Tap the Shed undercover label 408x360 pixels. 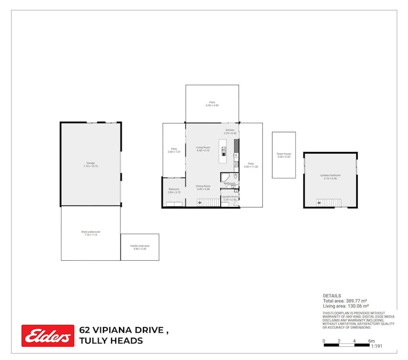point(91,233)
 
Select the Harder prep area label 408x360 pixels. point(140,247)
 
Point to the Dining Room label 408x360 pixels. point(203,188)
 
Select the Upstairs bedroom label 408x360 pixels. point(330,177)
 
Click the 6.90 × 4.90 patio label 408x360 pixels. point(212,104)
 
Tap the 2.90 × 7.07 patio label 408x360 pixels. point(174,150)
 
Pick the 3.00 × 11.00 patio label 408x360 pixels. point(251,165)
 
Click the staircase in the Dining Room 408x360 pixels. point(208,202)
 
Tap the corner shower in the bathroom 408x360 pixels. point(225,178)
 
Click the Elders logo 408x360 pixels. point(48,335)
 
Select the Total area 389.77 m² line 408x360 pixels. point(345,301)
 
